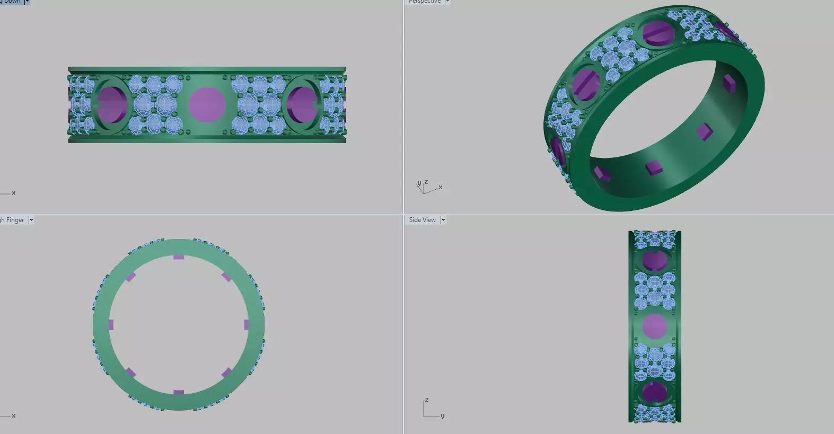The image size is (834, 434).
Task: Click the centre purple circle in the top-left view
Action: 207,105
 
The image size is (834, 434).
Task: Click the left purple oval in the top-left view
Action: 112,104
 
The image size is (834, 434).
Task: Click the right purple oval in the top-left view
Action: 302,104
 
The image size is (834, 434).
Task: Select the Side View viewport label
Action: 422,220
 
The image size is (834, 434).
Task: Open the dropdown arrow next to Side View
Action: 443,220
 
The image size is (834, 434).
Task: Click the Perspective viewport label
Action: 425,2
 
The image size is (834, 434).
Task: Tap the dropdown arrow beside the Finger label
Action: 31,220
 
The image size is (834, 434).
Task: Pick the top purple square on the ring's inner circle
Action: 179,258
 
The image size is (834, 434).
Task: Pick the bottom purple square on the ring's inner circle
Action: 179,393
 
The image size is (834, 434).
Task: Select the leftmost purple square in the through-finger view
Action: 111,325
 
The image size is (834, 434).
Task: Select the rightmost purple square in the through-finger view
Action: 247,325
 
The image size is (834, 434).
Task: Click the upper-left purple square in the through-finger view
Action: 130,277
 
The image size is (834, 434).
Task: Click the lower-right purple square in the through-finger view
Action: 226,373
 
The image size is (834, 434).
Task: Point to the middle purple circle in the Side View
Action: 655,326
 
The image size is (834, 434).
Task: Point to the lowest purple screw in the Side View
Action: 655,393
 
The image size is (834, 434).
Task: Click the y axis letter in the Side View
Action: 442,415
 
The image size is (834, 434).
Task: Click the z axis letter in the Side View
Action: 426,400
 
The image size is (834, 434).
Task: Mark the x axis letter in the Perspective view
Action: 440,187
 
